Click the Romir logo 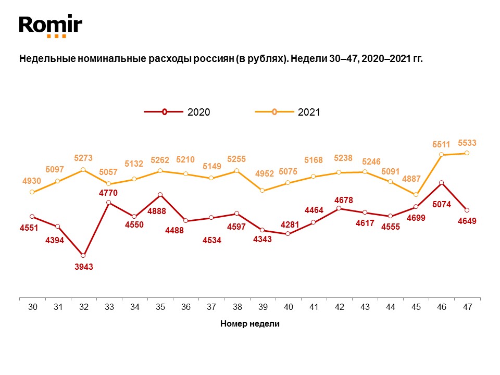(x=51, y=26)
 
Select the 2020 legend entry (x=177, y=112)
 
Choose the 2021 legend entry (x=287, y=112)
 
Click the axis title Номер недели (x=250, y=324)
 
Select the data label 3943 (x=83, y=267)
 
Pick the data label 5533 (x=467, y=142)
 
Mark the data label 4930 (x=32, y=181)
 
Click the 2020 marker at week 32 (x=83, y=255)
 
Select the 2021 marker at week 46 (x=442, y=155)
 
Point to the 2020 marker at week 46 (x=442, y=183)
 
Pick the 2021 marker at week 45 (x=416, y=194)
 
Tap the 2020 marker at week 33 (x=108, y=202)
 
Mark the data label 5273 (x=83, y=158)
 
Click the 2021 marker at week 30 (x=32, y=192)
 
